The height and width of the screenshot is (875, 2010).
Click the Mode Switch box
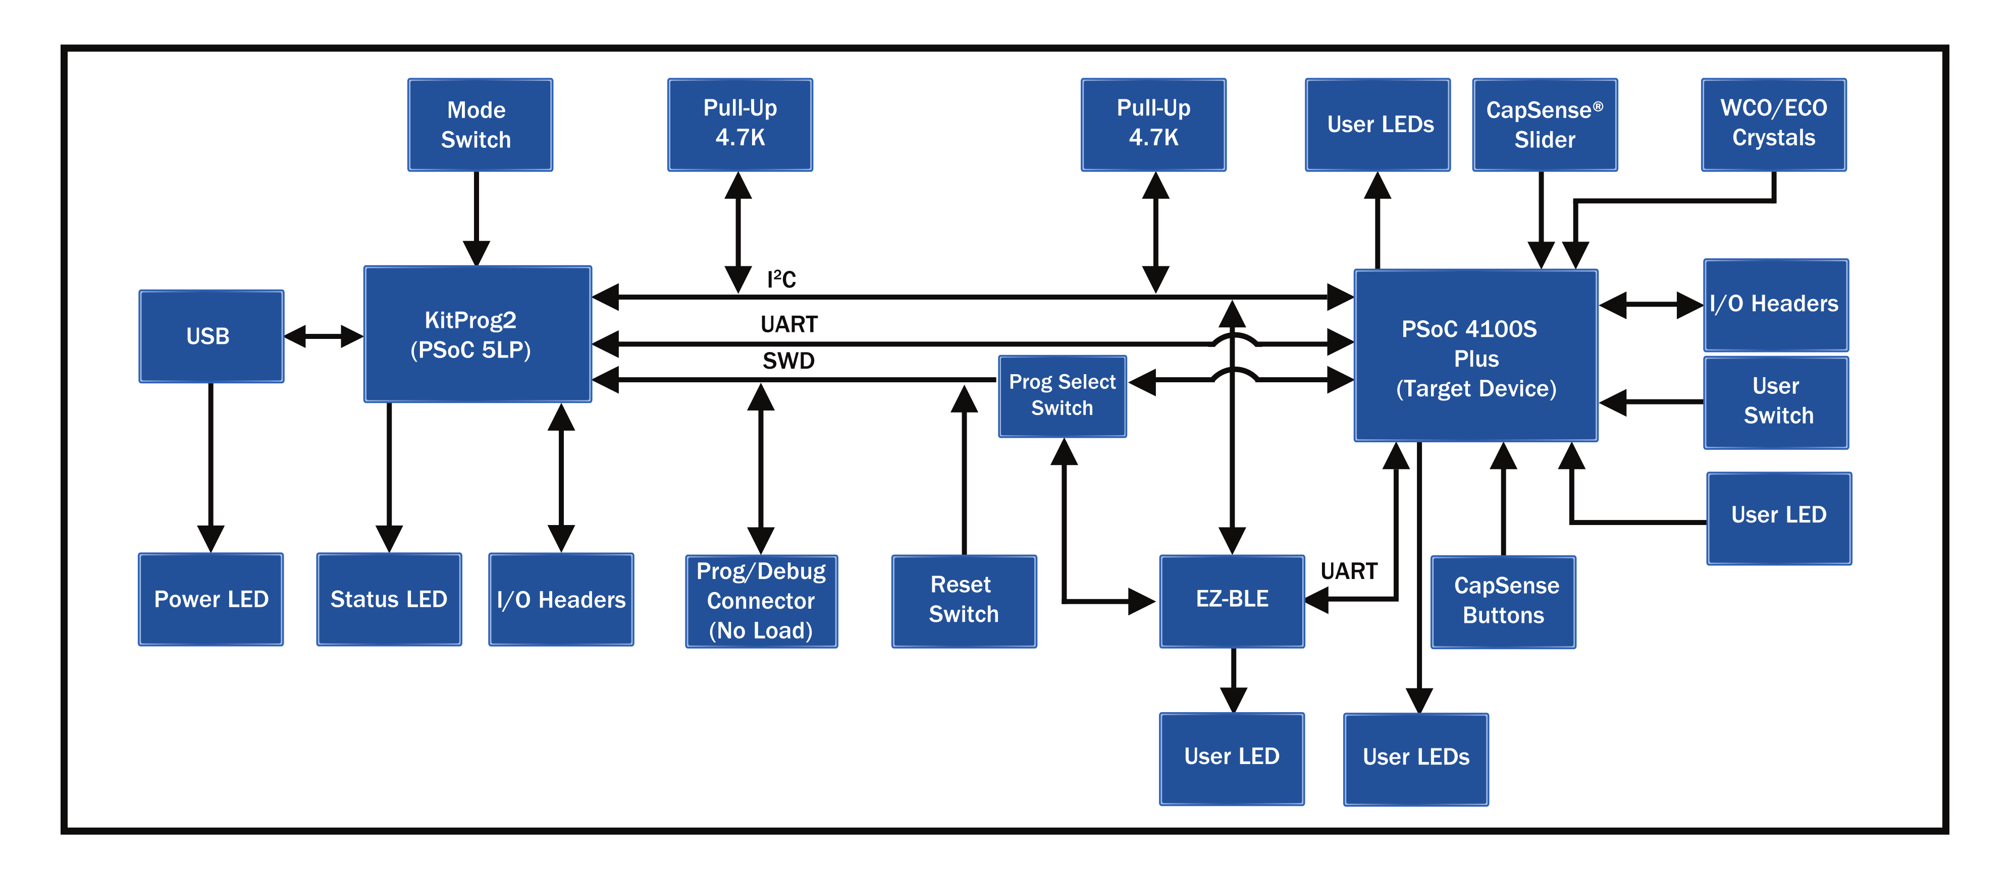tap(480, 125)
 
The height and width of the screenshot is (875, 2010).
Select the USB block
tap(210, 336)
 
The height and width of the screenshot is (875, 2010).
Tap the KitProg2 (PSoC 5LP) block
tap(477, 334)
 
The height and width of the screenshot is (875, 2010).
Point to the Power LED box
tap(210, 599)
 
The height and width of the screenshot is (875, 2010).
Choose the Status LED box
tap(389, 599)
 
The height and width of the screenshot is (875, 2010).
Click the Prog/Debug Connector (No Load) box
tap(761, 601)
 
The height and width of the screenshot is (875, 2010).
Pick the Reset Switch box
tap(964, 601)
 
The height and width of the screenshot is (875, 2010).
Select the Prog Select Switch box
tap(1062, 395)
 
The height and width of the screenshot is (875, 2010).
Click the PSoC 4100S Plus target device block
tap(1475, 357)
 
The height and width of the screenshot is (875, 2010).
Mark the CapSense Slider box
tap(1544, 125)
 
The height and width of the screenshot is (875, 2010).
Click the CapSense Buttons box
tap(1503, 601)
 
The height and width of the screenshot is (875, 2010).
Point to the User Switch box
tap(1776, 401)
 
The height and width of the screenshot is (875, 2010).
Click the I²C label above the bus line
tap(781, 279)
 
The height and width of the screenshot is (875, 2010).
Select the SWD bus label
tap(788, 361)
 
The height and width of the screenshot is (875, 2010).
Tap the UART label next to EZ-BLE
tap(1348, 571)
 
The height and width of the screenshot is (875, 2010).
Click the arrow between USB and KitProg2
tap(323, 337)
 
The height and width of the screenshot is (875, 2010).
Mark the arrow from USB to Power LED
tap(210, 468)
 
